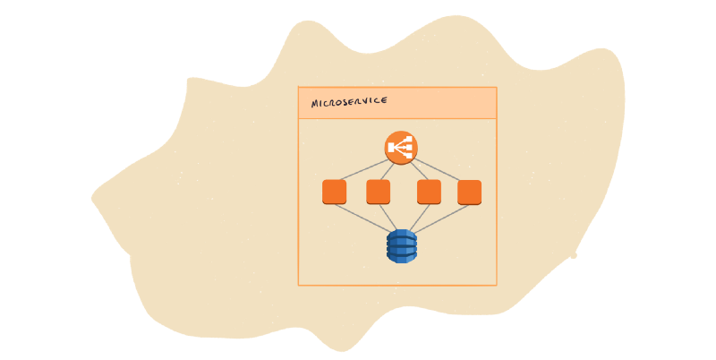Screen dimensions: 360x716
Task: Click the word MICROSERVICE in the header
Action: coord(349,102)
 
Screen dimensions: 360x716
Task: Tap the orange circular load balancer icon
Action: coord(402,148)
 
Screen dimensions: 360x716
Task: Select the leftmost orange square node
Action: coord(334,192)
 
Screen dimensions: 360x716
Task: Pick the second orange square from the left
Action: coord(379,192)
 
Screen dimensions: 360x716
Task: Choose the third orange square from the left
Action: coord(429,192)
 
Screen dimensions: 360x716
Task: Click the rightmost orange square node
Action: coord(470,192)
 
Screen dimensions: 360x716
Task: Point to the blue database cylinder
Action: coord(402,244)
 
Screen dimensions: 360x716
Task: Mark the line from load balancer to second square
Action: coord(389,171)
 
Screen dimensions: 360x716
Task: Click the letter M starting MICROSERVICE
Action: coord(315,104)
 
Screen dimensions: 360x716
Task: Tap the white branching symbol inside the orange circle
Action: coord(402,148)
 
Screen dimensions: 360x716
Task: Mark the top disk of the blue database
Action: coord(402,234)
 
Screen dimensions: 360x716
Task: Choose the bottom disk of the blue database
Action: coord(402,256)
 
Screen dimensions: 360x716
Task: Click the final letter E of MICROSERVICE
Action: coord(384,100)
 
